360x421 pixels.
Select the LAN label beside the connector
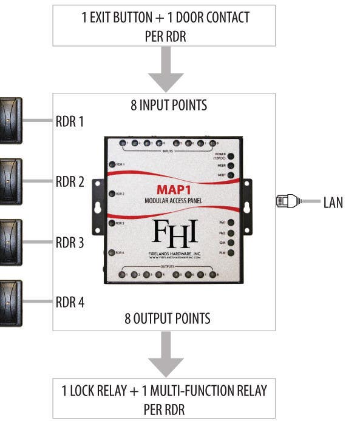[333, 202]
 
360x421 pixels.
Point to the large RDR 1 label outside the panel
[70, 121]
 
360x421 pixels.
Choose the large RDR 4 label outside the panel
[70, 302]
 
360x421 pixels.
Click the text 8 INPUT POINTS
[169, 106]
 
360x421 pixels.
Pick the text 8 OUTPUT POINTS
[169, 318]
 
